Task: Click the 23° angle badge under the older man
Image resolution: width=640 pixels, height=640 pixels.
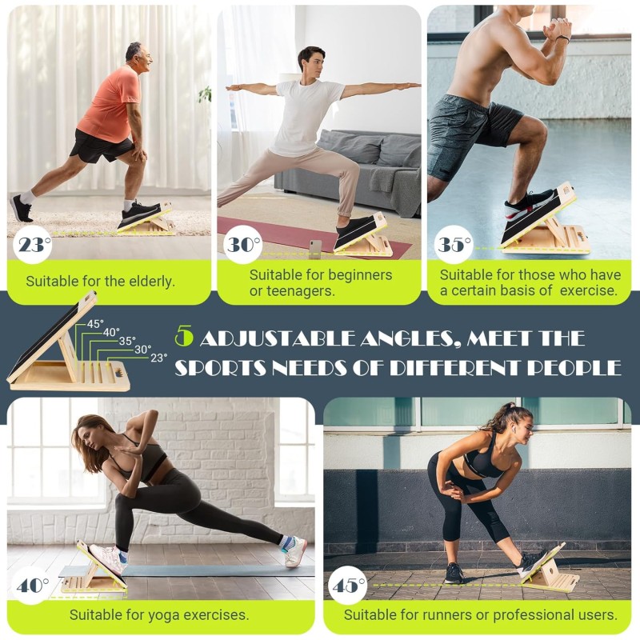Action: click(x=33, y=245)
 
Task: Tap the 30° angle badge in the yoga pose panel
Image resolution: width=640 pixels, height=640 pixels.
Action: click(x=243, y=245)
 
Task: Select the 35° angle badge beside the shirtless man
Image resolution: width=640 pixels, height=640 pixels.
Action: click(x=454, y=245)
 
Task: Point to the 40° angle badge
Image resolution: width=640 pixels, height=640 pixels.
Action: click(x=32, y=586)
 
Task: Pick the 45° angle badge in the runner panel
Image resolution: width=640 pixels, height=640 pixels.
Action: click(x=348, y=586)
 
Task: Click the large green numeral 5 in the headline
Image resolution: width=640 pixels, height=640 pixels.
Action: click(x=184, y=336)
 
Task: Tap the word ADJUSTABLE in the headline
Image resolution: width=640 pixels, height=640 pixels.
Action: click(x=278, y=338)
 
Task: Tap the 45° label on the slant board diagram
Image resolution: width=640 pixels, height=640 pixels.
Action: click(x=95, y=324)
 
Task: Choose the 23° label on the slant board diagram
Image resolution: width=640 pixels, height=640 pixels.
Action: click(x=158, y=358)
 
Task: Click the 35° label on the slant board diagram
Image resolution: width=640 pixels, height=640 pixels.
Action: click(x=127, y=341)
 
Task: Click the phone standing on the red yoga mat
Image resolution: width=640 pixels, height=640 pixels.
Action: click(x=315, y=249)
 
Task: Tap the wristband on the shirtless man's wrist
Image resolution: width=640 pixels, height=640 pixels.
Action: click(x=562, y=38)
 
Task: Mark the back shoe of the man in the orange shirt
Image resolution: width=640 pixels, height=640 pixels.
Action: click(x=21, y=208)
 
